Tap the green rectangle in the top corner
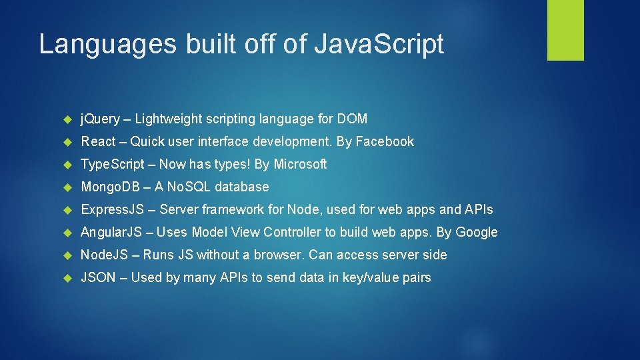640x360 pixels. (x=565, y=29)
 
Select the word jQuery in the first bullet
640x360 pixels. (x=100, y=119)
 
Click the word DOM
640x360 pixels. (x=352, y=119)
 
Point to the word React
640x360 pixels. (x=98, y=141)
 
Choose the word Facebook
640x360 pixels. (x=385, y=141)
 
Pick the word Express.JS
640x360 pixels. (x=112, y=209)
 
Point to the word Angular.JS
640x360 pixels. (x=111, y=232)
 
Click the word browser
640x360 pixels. (x=278, y=255)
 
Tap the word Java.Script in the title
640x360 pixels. (x=379, y=45)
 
